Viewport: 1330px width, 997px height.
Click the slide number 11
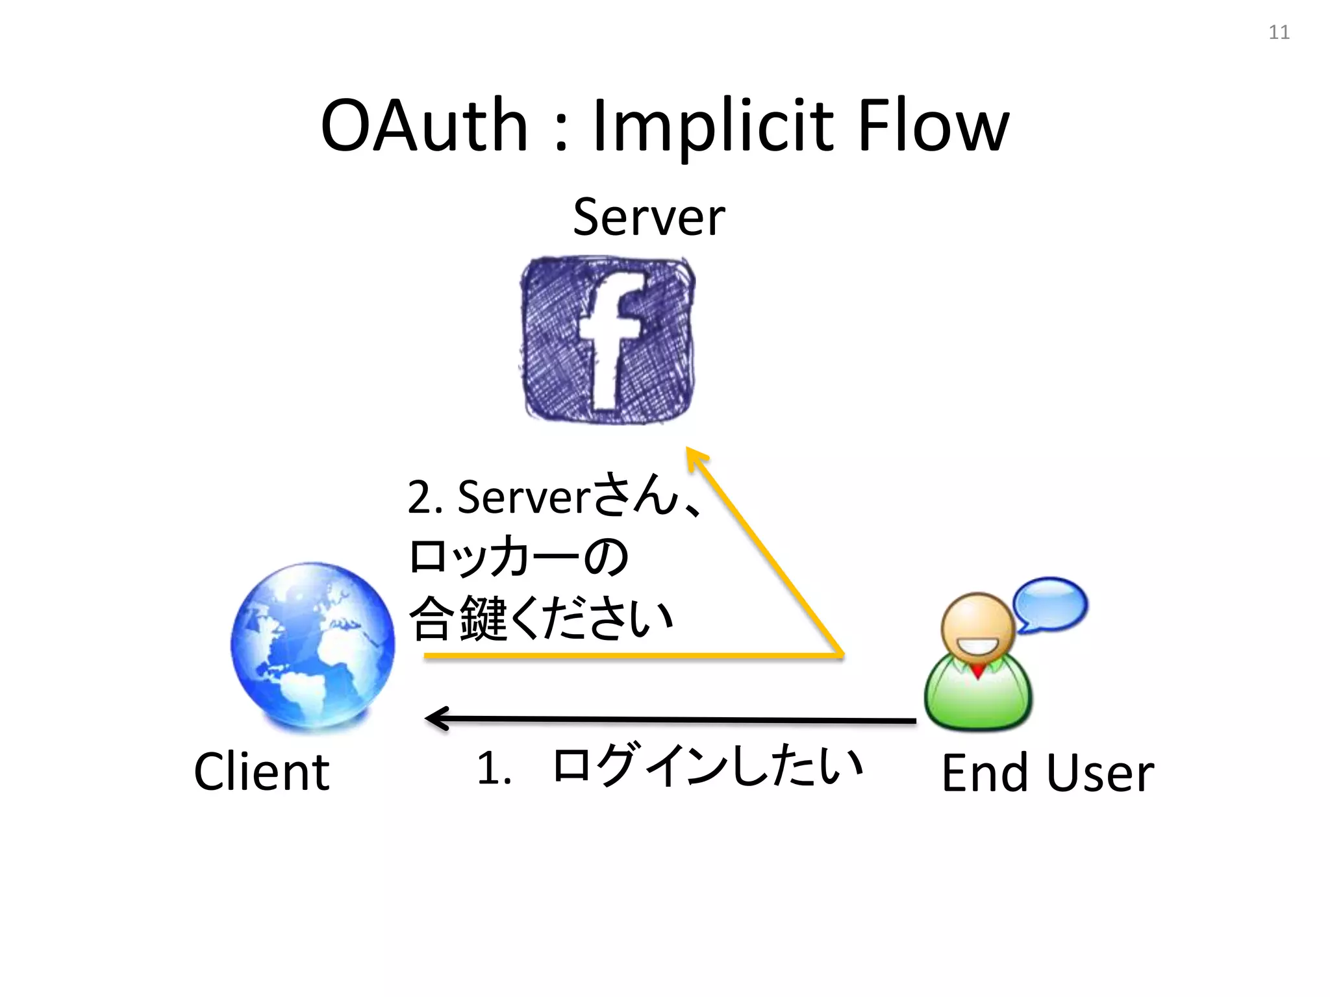pos(1279,32)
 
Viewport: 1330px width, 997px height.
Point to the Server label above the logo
pos(648,217)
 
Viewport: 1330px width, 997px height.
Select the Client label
pos(262,772)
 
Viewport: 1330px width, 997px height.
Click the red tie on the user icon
pos(977,671)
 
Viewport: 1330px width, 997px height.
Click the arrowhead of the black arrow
pos(436,718)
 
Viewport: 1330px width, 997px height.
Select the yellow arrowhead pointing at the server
pos(696,457)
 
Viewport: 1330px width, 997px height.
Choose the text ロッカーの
pos(518,557)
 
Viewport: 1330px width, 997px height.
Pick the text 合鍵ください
pos(542,618)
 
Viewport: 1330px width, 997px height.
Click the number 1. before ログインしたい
pos(494,768)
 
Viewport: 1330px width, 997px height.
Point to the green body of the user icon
pos(977,698)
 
